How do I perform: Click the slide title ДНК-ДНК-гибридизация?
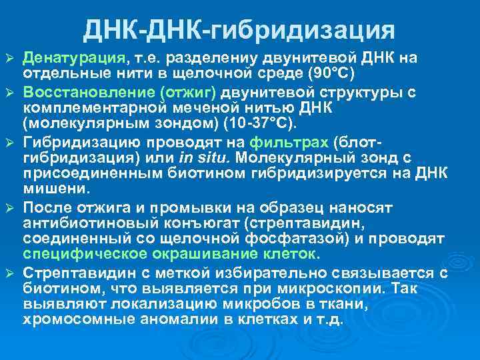click(239, 29)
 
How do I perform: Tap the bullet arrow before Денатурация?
click(9, 58)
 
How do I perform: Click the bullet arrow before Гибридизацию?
click(9, 141)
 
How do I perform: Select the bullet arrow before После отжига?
click(9, 206)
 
